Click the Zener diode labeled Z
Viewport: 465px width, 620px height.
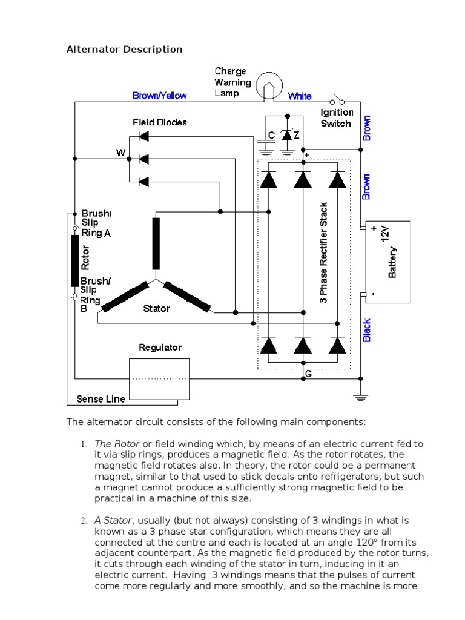pos(287,136)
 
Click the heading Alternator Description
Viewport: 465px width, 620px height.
pos(124,49)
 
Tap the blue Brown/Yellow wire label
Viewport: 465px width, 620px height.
pos(159,96)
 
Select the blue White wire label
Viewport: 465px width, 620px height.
pos(300,96)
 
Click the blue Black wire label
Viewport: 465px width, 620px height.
pos(366,331)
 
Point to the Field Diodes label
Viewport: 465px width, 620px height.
pos(160,122)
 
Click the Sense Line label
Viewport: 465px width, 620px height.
pos(101,398)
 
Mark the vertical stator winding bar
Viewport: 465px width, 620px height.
pos(156,243)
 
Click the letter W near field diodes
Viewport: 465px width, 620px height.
pos(120,153)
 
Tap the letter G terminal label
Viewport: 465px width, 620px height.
pos(308,374)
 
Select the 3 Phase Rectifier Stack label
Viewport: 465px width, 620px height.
pos(323,253)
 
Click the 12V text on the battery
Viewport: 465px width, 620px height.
pos(385,232)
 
